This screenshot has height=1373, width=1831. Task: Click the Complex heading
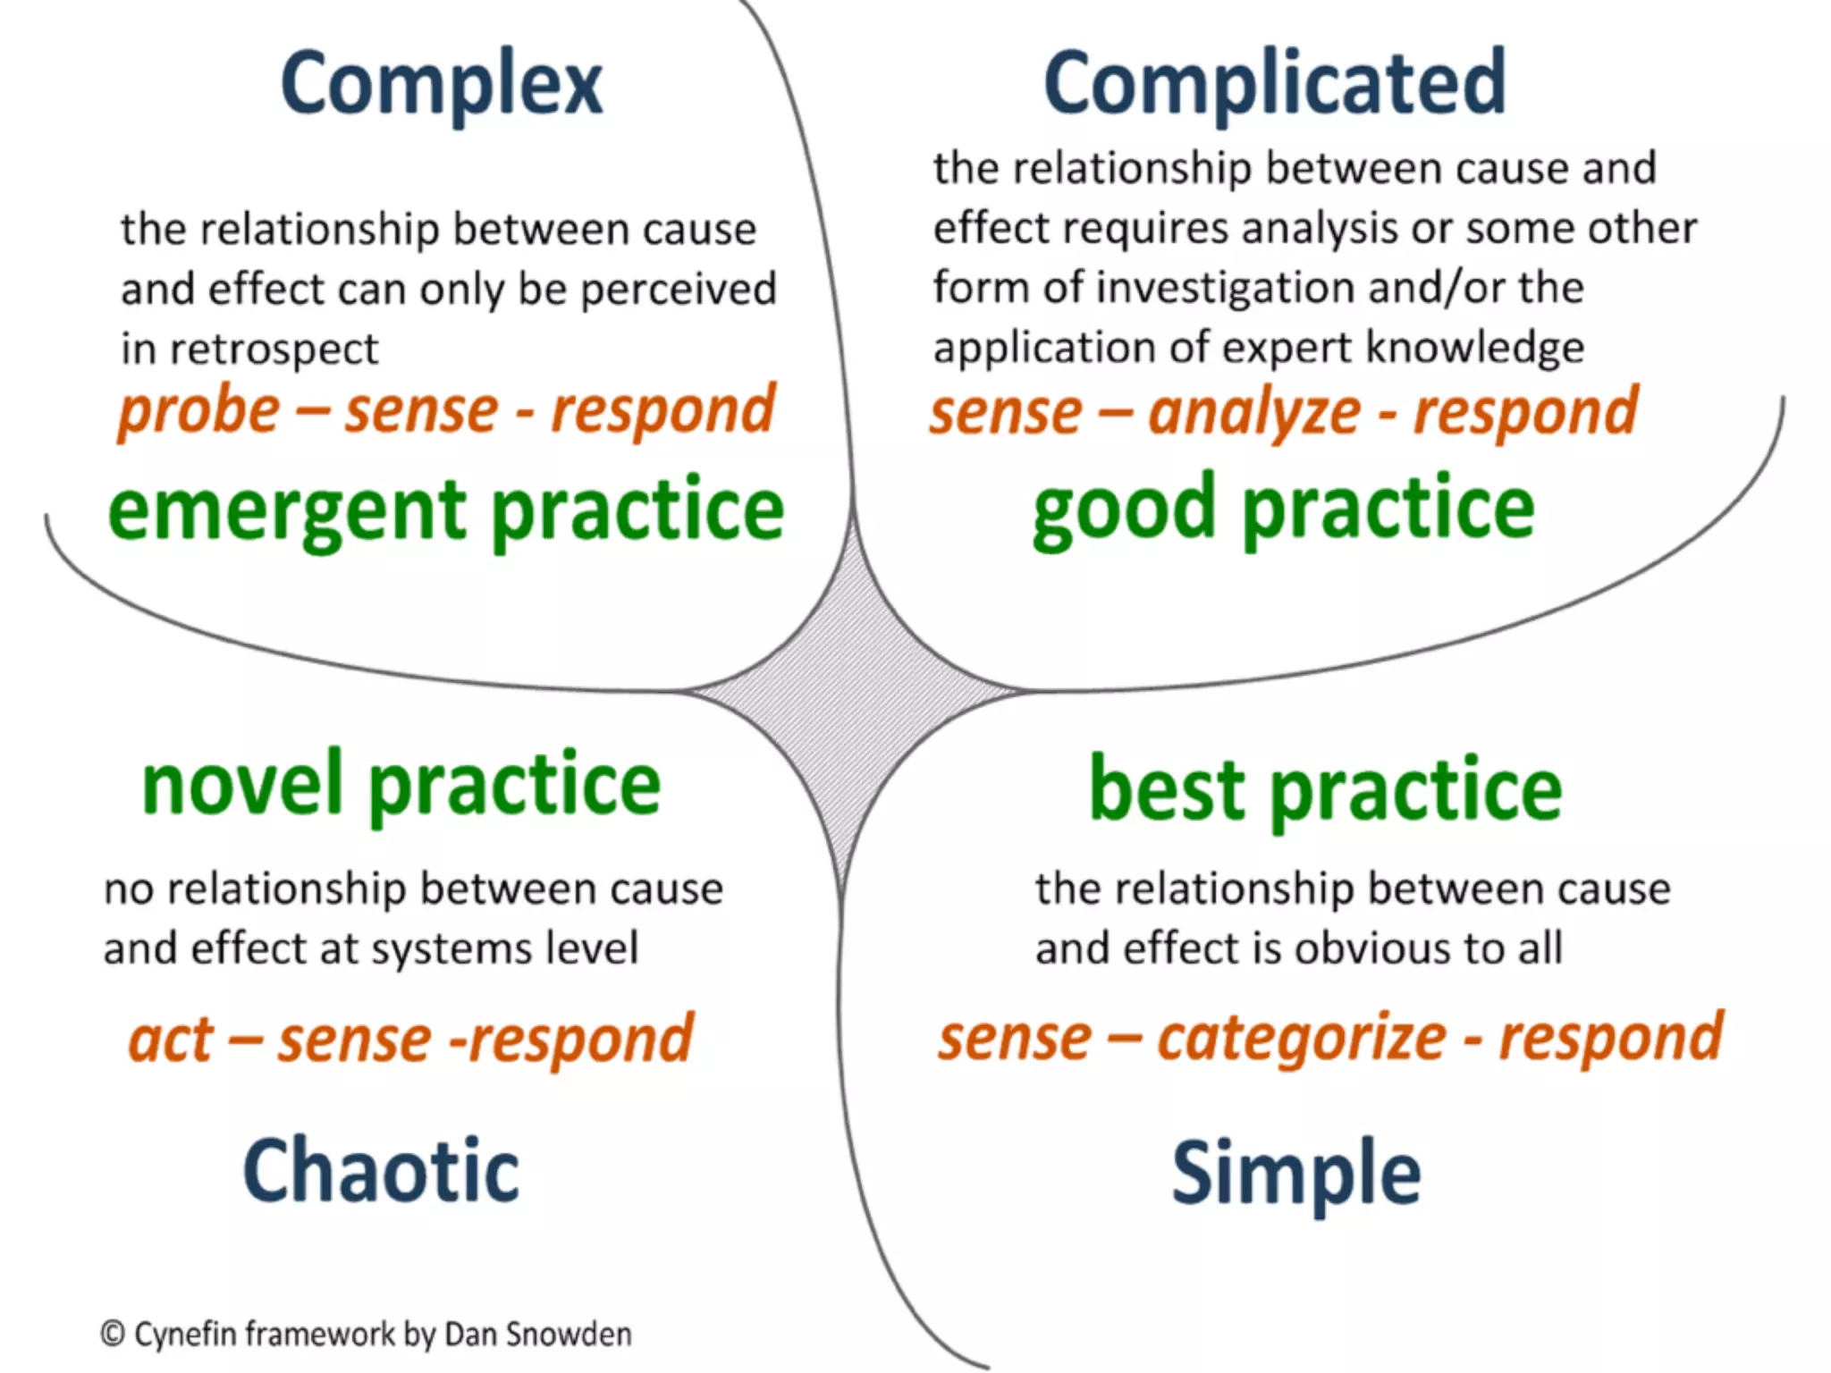click(442, 85)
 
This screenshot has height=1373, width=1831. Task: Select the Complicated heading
click(1275, 83)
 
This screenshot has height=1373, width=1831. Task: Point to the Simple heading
click(1295, 1173)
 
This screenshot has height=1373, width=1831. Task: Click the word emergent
click(287, 511)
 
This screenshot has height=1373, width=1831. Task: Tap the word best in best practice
click(1166, 789)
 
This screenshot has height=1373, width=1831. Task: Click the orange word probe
click(199, 411)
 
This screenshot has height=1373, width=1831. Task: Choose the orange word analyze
click(1253, 412)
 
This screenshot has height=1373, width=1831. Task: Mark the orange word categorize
click(1301, 1039)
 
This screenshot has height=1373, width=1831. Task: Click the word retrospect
click(274, 350)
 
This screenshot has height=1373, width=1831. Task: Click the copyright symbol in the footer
click(113, 1334)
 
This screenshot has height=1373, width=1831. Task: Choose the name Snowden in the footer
click(569, 1334)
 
